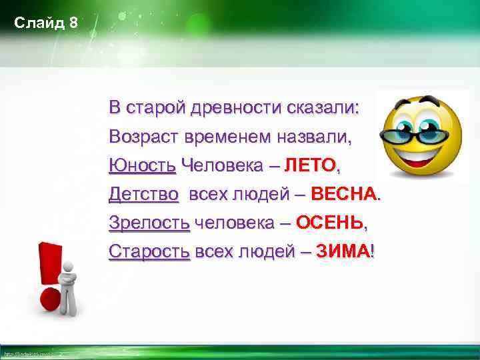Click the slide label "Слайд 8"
click(x=46, y=23)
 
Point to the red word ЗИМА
click(x=342, y=251)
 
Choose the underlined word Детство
click(x=144, y=194)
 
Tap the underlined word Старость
click(x=149, y=251)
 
